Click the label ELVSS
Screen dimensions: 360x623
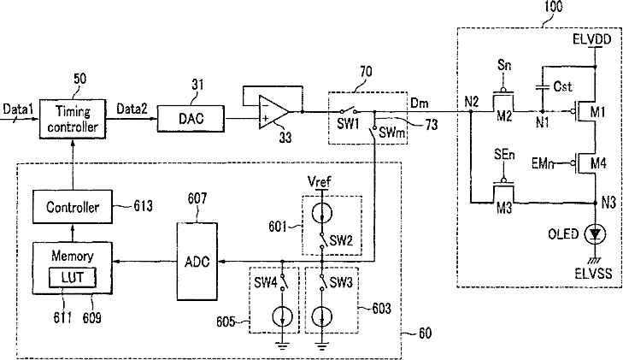595,274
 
